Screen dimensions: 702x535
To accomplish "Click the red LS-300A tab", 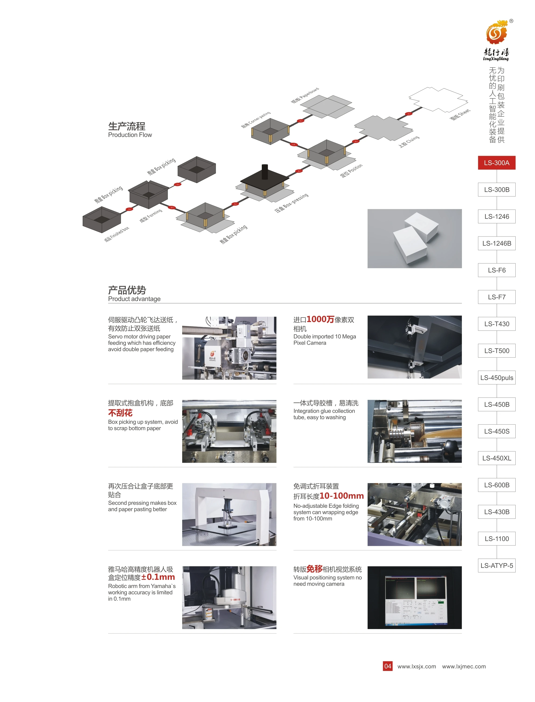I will click(x=496, y=163).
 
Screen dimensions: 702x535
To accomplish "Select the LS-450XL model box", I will click(x=496, y=458).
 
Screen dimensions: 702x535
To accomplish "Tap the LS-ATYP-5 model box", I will click(x=496, y=566).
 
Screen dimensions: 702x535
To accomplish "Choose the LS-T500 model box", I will click(x=496, y=351).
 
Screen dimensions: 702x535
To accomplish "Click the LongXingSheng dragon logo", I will click(x=496, y=33).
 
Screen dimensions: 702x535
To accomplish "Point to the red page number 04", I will click(x=388, y=666).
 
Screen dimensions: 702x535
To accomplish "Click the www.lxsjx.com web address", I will click(x=417, y=666).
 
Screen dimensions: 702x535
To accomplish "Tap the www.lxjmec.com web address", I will click(x=464, y=666).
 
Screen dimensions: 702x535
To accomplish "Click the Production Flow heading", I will click(x=130, y=135).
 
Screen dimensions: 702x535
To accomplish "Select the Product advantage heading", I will click(x=134, y=299).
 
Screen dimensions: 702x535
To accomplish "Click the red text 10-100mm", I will click(x=342, y=496).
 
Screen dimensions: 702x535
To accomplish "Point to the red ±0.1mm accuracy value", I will click(x=158, y=577).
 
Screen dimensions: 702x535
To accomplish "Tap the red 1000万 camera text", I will click(x=320, y=319).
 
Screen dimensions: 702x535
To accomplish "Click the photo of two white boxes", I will click(x=414, y=238).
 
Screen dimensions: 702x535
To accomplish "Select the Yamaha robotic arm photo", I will click(x=229, y=598).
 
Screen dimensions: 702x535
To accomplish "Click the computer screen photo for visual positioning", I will click(x=414, y=598).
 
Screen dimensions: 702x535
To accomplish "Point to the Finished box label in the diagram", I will click(x=117, y=234).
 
